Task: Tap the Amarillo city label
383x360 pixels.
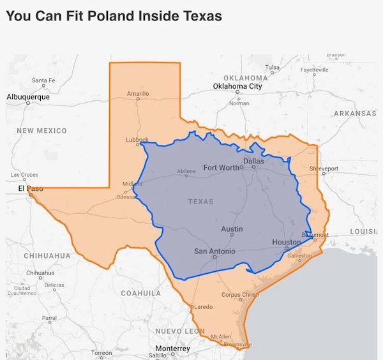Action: coord(138,94)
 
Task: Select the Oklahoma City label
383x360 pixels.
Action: coord(237,86)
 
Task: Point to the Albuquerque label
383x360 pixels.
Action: coord(27,96)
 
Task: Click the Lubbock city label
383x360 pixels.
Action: coord(137,139)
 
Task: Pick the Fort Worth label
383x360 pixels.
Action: coord(220,167)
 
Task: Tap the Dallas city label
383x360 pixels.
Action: coord(253,161)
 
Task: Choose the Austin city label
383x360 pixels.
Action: coord(232,229)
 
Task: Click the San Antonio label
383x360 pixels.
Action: coord(214,251)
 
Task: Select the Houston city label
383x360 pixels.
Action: coord(286,243)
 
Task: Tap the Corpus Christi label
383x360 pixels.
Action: coord(239,294)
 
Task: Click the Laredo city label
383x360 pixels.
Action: coord(203,308)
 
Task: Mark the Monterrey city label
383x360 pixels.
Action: coord(173,349)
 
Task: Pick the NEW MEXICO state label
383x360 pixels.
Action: coord(41,130)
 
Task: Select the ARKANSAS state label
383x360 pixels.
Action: coord(354,113)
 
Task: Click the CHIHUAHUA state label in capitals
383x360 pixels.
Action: coord(47,255)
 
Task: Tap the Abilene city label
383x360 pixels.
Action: coord(186,171)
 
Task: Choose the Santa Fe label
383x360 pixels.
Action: coord(43,80)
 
